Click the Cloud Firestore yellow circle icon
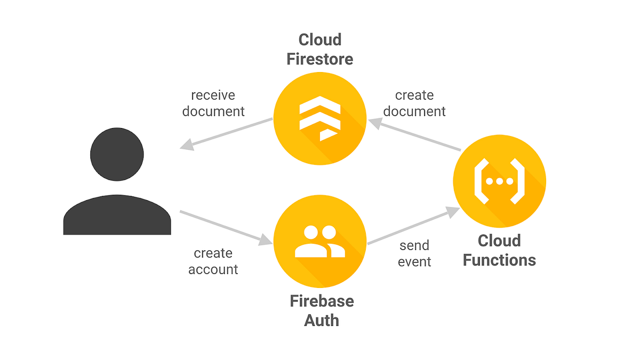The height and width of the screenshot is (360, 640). pyautogui.click(x=319, y=118)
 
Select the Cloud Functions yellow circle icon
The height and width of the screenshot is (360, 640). pyautogui.click(x=499, y=181)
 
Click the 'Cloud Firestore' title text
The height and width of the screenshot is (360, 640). pyautogui.click(x=319, y=49)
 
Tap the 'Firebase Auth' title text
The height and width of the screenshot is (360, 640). pyautogui.click(x=322, y=310)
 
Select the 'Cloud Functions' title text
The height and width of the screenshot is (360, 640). pyautogui.click(x=499, y=250)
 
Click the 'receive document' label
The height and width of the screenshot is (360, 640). pyautogui.click(x=213, y=103)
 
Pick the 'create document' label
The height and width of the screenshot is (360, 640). pyautogui.click(x=414, y=103)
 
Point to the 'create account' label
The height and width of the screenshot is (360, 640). pyautogui.click(x=213, y=261)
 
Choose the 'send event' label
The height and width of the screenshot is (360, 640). pyautogui.click(x=414, y=253)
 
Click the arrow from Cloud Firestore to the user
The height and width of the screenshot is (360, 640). pyautogui.click(x=227, y=133)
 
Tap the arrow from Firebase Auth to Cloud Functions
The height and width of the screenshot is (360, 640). pyautogui.click(x=413, y=227)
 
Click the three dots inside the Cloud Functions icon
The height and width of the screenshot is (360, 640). pyautogui.click(x=499, y=181)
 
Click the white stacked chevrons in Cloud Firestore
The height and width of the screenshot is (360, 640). pyautogui.click(x=318, y=119)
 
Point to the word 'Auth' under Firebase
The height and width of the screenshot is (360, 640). pyautogui.click(x=322, y=320)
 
